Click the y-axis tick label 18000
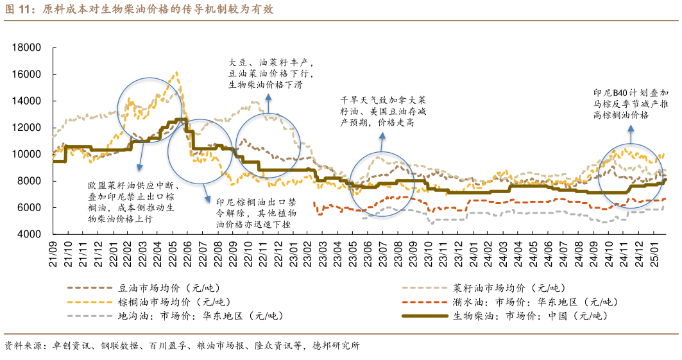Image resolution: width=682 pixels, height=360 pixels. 27,47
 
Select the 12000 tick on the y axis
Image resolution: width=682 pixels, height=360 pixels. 27,128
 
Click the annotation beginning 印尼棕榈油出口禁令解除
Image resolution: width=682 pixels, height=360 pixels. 256,212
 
